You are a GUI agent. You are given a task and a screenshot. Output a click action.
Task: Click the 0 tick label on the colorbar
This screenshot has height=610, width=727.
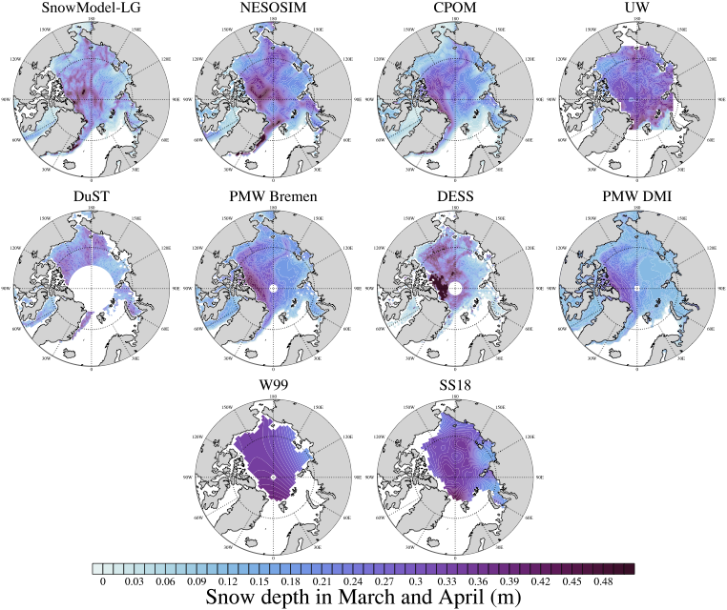pos(102,579)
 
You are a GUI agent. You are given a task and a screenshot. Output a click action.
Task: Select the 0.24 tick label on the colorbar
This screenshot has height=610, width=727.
pos(354,579)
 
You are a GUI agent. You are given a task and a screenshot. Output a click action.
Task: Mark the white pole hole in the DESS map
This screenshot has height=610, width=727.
pos(456,288)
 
